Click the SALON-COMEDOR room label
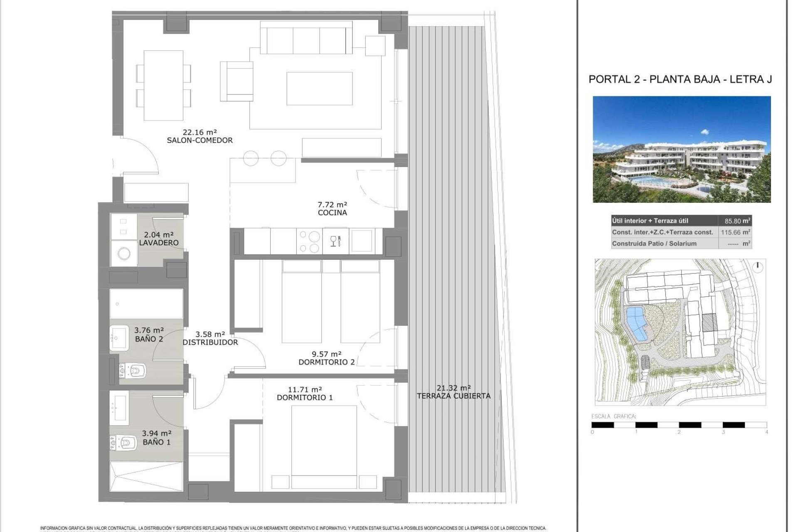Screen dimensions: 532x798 tap(199, 140)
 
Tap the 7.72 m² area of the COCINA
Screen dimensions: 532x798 tap(332, 204)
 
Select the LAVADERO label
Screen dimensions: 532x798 tap(158, 243)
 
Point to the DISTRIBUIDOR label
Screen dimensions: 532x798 tap(210, 342)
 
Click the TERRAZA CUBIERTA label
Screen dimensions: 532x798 tap(453, 396)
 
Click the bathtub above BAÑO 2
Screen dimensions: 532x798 tap(146, 304)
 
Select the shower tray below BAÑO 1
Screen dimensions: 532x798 tap(146, 476)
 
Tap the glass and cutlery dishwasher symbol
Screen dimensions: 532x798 tap(335, 241)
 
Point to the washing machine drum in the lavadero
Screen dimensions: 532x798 tap(124, 253)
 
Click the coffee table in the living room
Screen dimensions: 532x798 tap(319, 89)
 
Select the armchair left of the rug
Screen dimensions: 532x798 tap(237, 81)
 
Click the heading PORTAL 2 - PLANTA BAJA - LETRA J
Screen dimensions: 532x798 tap(680, 79)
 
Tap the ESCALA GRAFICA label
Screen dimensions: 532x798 tap(614, 416)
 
